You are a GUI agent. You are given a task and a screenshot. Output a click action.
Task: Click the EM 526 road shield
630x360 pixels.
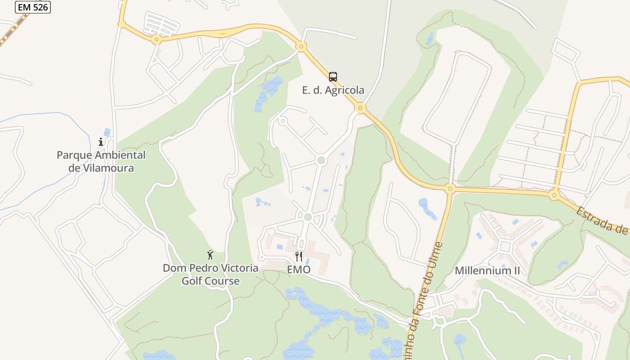tap(33, 7)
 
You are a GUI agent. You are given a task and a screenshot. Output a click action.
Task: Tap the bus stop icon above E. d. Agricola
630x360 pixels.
tap(333, 77)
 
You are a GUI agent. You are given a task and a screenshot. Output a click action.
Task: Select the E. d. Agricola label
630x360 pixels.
tap(333, 90)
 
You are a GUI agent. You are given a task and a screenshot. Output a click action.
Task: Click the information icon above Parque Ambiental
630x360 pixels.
tap(101, 142)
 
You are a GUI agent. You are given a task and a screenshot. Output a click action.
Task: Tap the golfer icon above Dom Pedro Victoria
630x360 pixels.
tap(210, 255)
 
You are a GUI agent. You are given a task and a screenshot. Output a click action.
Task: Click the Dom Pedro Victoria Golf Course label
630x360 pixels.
tap(210, 275)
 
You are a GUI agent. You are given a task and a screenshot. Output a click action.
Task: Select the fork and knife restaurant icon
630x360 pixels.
tap(298, 256)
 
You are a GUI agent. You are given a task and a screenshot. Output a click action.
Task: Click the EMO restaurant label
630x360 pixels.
tap(299, 270)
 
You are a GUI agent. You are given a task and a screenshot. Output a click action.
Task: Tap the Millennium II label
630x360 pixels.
tap(487, 271)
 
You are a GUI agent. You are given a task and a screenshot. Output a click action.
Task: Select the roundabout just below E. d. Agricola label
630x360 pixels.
tap(360, 108)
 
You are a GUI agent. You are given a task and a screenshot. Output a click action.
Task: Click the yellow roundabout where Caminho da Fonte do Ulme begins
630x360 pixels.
tap(449, 189)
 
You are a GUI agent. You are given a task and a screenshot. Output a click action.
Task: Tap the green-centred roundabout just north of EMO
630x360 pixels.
tap(308, 217)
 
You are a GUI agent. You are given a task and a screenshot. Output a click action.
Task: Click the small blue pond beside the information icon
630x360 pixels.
tap(107, 132)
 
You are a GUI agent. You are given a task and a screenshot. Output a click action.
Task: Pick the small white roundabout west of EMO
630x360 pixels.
tap(261, 258)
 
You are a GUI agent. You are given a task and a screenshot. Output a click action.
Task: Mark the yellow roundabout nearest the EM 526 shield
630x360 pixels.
tap(121, 23)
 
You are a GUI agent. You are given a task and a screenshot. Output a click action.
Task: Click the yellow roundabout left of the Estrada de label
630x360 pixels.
tap(554, 195)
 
